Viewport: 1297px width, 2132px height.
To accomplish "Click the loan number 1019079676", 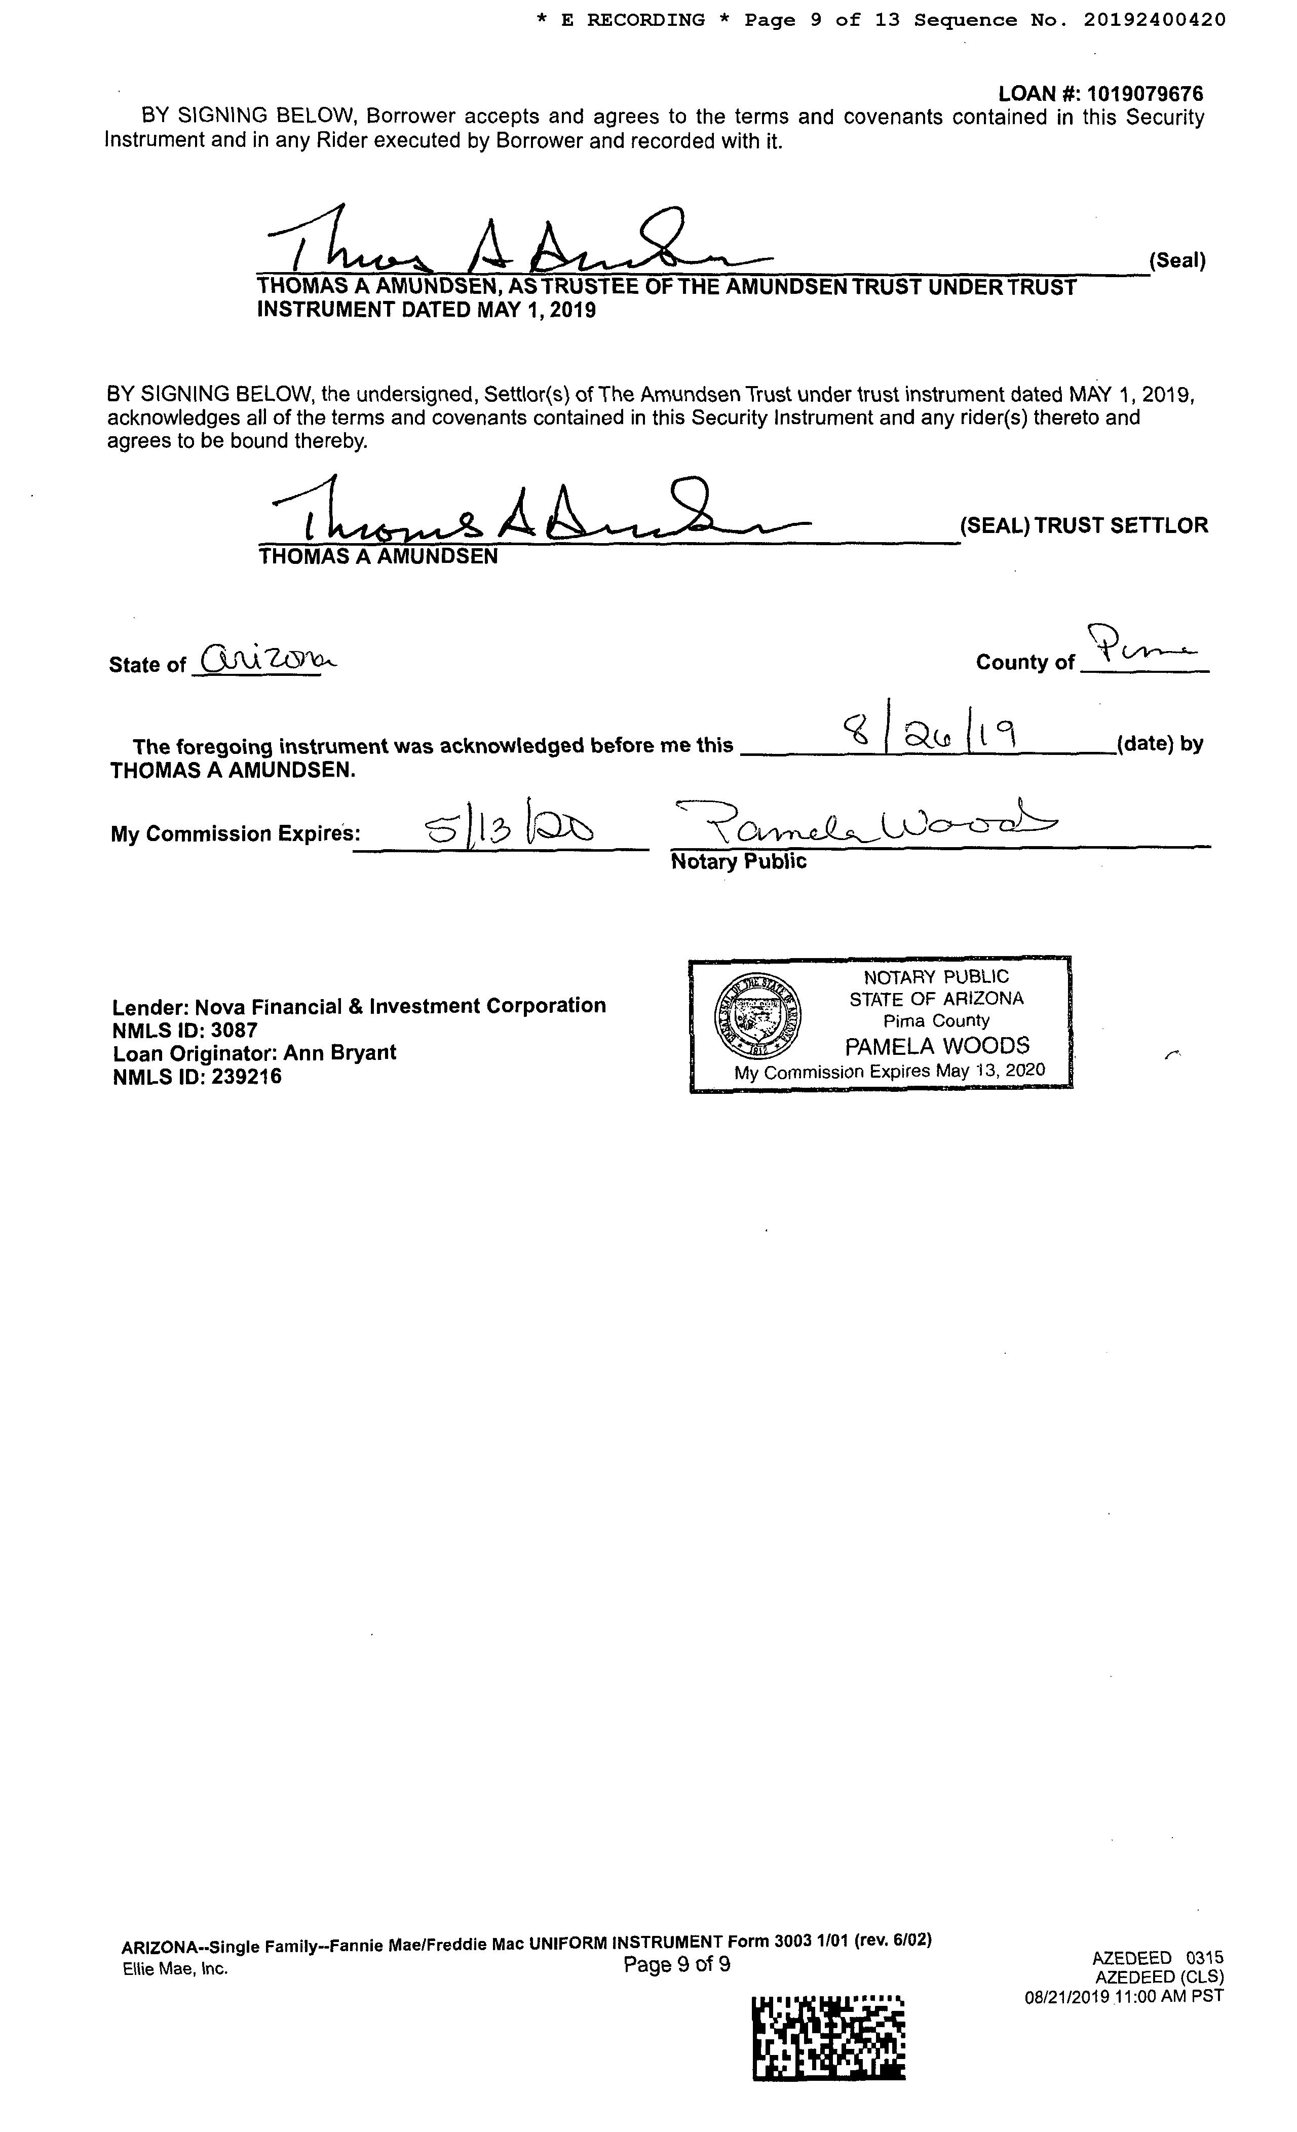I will click(1144, 93).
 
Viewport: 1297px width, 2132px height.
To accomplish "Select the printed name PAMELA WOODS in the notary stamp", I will click(937, 1046).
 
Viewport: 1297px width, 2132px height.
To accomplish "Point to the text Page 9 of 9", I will click(677, 1965).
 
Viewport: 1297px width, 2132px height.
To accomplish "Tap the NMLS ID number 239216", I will click(247, 1077).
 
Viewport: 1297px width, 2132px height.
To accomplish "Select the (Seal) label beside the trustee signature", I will click(1177, 260).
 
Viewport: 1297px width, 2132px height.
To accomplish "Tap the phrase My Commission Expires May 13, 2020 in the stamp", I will click(890, 1071).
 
